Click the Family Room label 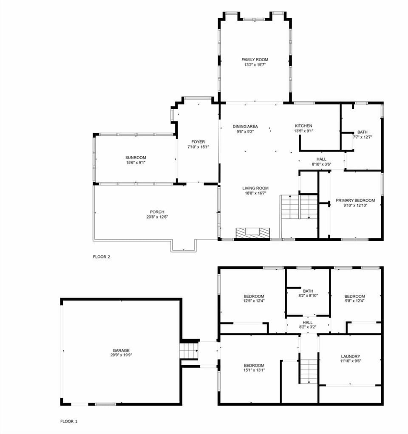pyautogui.click(x=255, y=60)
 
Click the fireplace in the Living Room pyautogui.click(x=253, y=233)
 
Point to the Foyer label pyautogui.click(x=198, y=142)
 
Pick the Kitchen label pyautogui.click(x=303, y=126)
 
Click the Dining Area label pyautogui.click(x=245, y=127)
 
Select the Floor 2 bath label pyautogui.click(x=362, y=132)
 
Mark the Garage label pyautogui.click(x=121, y=351)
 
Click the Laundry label pyautogui.click(x=350, y=356)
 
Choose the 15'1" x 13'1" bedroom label pyautogui.click(x=254, y=366)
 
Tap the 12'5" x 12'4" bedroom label pyautogui.click(x=254, y=296)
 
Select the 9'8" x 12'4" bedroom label pyautogui.click(x=354, y=296)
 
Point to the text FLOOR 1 pyautogui.click(x=68, y=422)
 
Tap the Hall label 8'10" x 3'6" pyautogui.click(x=321, y=159)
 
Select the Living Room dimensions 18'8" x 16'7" pyautogui.click(x=255, y=193)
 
